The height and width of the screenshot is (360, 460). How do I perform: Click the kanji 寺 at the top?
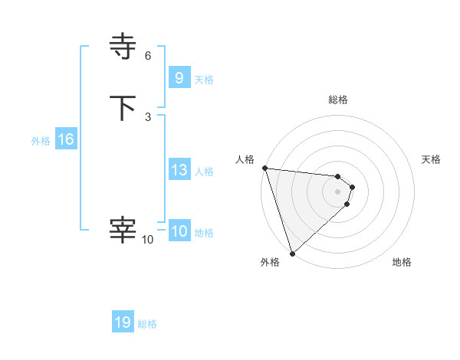(x=123, y=47)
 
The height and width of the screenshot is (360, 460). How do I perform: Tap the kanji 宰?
(x=123, y=229)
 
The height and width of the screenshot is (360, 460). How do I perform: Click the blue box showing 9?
(x=179, y=77)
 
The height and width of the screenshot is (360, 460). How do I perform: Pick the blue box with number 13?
(x=179, y=171)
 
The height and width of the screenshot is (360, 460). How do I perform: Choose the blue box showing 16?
(x=65, y=139)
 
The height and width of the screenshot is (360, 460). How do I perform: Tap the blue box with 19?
(x=123, y=322)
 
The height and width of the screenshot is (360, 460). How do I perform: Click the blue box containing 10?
(x=179, y=232)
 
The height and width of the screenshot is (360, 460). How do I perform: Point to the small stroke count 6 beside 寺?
(x=148, y=55)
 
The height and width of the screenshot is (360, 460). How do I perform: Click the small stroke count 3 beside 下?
(x=148, y=117)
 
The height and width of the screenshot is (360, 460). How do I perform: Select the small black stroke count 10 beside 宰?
(x=147, y=240)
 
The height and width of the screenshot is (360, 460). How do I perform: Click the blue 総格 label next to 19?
(x=147, y=324)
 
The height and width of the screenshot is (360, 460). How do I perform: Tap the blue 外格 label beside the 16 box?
(x=41, y=141)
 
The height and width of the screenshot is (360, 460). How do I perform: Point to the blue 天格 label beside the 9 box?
(x=204, y=80)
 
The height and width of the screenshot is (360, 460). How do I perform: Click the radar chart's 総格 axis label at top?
(x=337, y=100)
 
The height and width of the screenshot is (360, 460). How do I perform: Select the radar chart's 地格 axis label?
(x=402, y=262)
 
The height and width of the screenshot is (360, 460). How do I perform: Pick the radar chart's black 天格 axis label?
(x=432, y=159)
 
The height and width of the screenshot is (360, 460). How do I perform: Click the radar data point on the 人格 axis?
(x=264, y=168)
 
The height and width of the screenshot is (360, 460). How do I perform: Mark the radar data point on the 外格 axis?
(x=292, y=253)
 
